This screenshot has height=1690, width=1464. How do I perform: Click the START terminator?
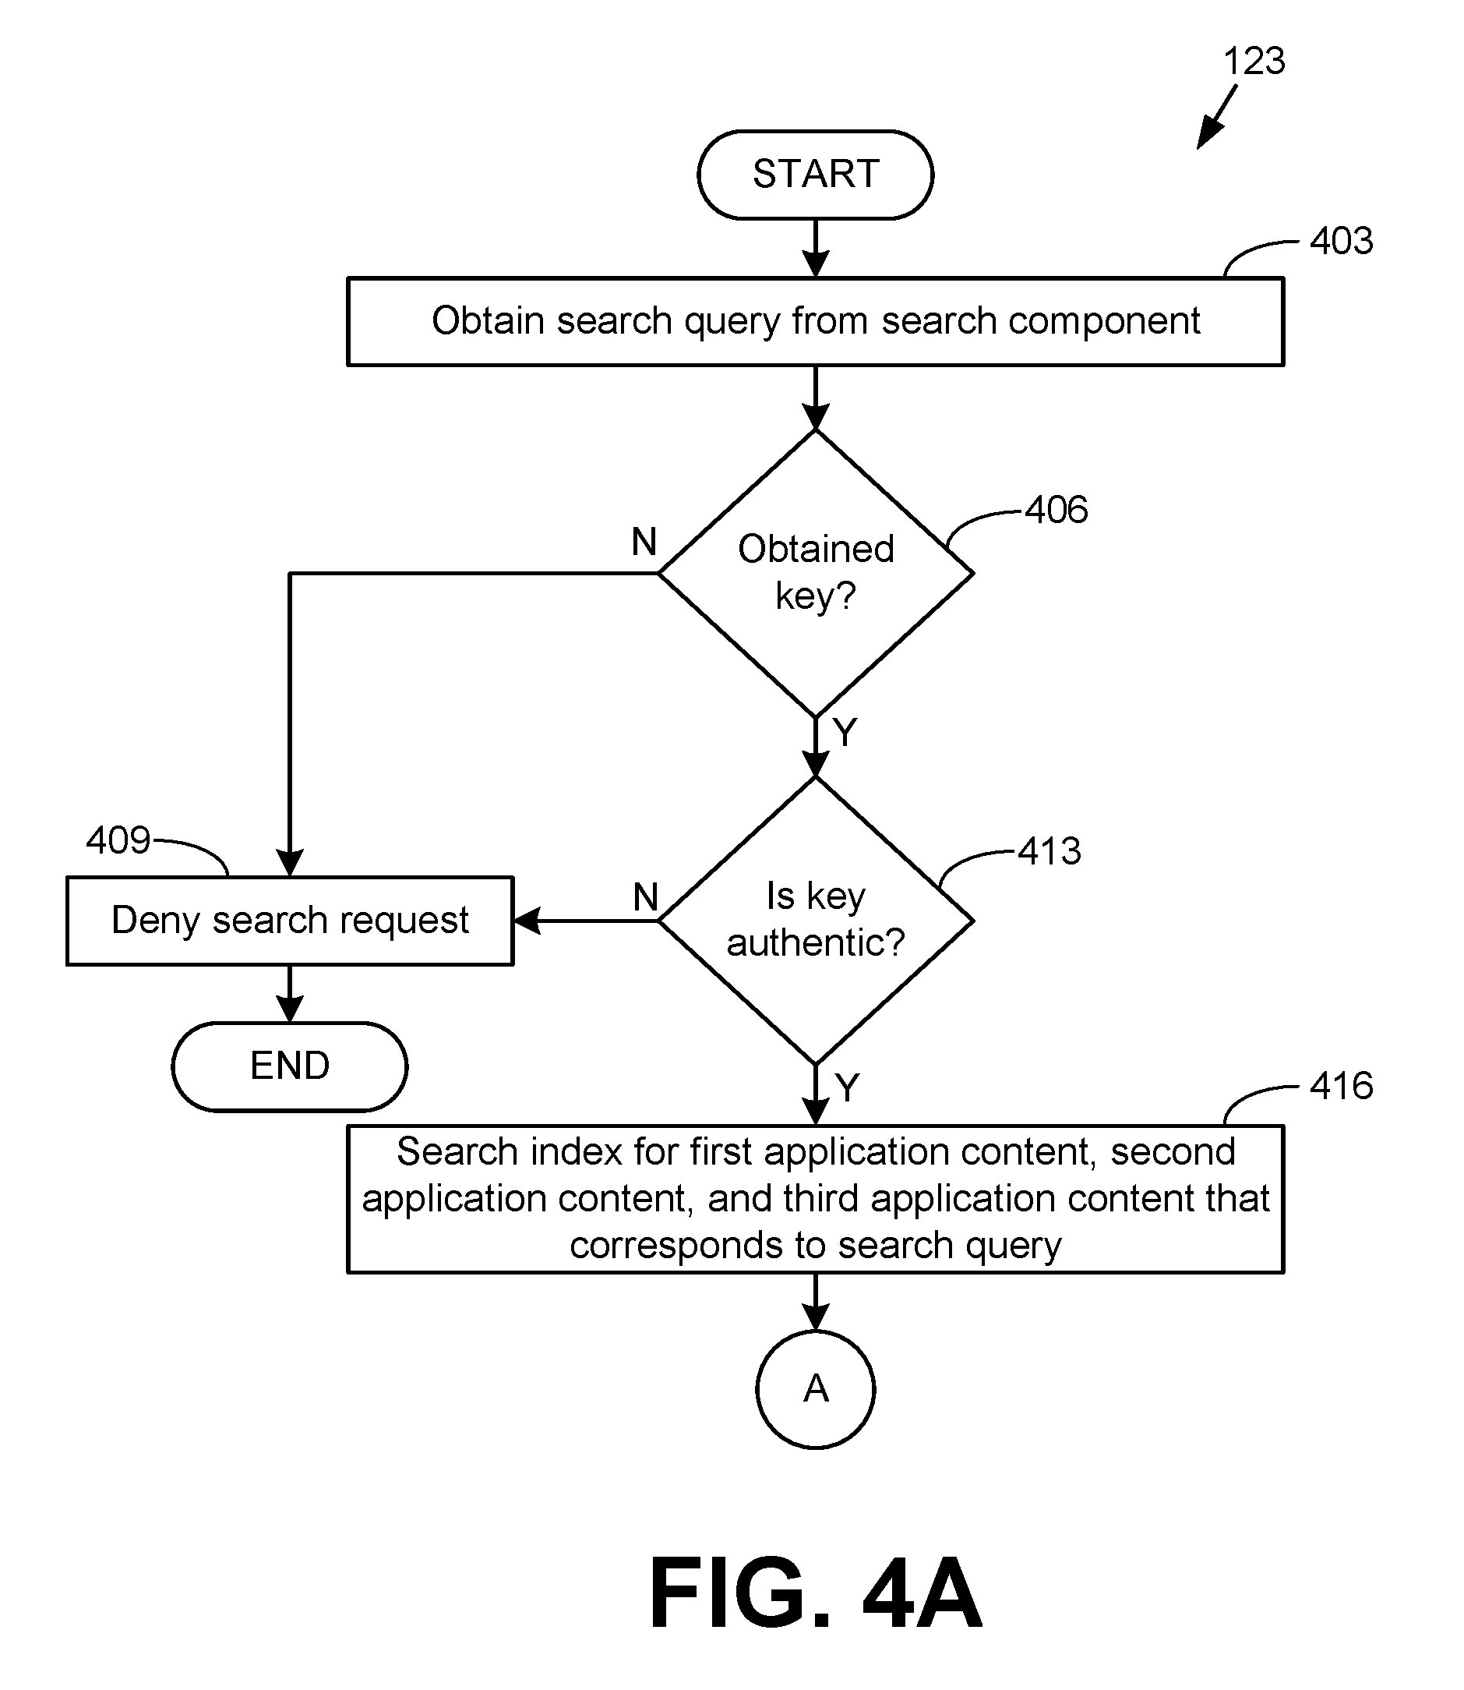pyautogui.click(x=814, y=174)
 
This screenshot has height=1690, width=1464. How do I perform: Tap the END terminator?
pyautogui.click(x=289, y=1066)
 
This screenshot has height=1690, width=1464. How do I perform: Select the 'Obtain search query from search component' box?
pyautogui.click(x=814, y=321)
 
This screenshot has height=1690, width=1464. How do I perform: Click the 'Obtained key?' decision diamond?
pyautogui.click(x=814, y=573)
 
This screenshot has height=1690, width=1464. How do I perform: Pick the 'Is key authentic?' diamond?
pyautogui.click(x=814, y=920)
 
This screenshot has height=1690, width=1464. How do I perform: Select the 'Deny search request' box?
pyautogui.click(x=289, y=920)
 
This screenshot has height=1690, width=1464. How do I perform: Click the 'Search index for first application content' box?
pyautogui.click(x=814, y=1198)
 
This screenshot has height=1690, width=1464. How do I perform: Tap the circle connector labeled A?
pyautogui.click(x=814, y=1388)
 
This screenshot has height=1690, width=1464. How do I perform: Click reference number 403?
pyautogui.click(x=1341, y=241)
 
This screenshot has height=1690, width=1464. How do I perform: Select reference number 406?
pyautogui.click(x=1057, y=510)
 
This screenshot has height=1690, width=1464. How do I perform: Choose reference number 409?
pyautogui.click(x=118, y=840)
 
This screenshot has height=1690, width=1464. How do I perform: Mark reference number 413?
pyautogui.click(x=1049, y=851)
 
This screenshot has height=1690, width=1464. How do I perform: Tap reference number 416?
pyautogui.click(x=1341, y=1086)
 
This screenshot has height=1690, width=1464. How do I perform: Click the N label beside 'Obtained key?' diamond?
pyautogui.click(x=644, y=542)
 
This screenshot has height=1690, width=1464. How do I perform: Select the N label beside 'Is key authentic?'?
pyautogui.click(x=645, y=897)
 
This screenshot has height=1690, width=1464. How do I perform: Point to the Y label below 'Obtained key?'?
pyautogui.click(x=845, y=731)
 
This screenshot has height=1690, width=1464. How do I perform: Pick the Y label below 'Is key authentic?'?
pyautogui.click(x=847, y=1087)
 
